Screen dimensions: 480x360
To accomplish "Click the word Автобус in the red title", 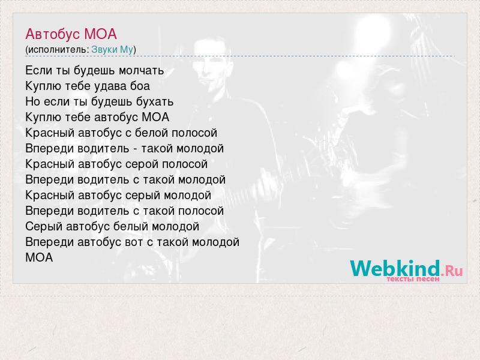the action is pos(53,34).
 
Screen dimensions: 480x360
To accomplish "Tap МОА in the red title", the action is pos(100,34).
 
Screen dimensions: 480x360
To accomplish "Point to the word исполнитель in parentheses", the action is pos(58,50).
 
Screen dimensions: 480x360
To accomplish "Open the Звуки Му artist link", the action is pos(112,50).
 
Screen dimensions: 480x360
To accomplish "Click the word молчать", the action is pos(142,71).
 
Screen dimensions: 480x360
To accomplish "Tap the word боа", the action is pos(140,86).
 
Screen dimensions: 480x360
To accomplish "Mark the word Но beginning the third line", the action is pos(33,101).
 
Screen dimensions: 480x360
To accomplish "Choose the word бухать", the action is pos(155,101).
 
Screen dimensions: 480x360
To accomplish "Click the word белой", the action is pos(151,133).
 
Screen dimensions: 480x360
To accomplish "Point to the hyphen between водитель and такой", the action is pos(135,149).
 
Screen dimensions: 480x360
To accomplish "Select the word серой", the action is pos(142,164).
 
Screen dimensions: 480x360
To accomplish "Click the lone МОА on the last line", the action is pos(39,258).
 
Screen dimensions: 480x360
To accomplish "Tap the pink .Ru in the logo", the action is pos(452,271).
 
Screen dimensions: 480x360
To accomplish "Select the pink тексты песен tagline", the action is pos(413,279).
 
